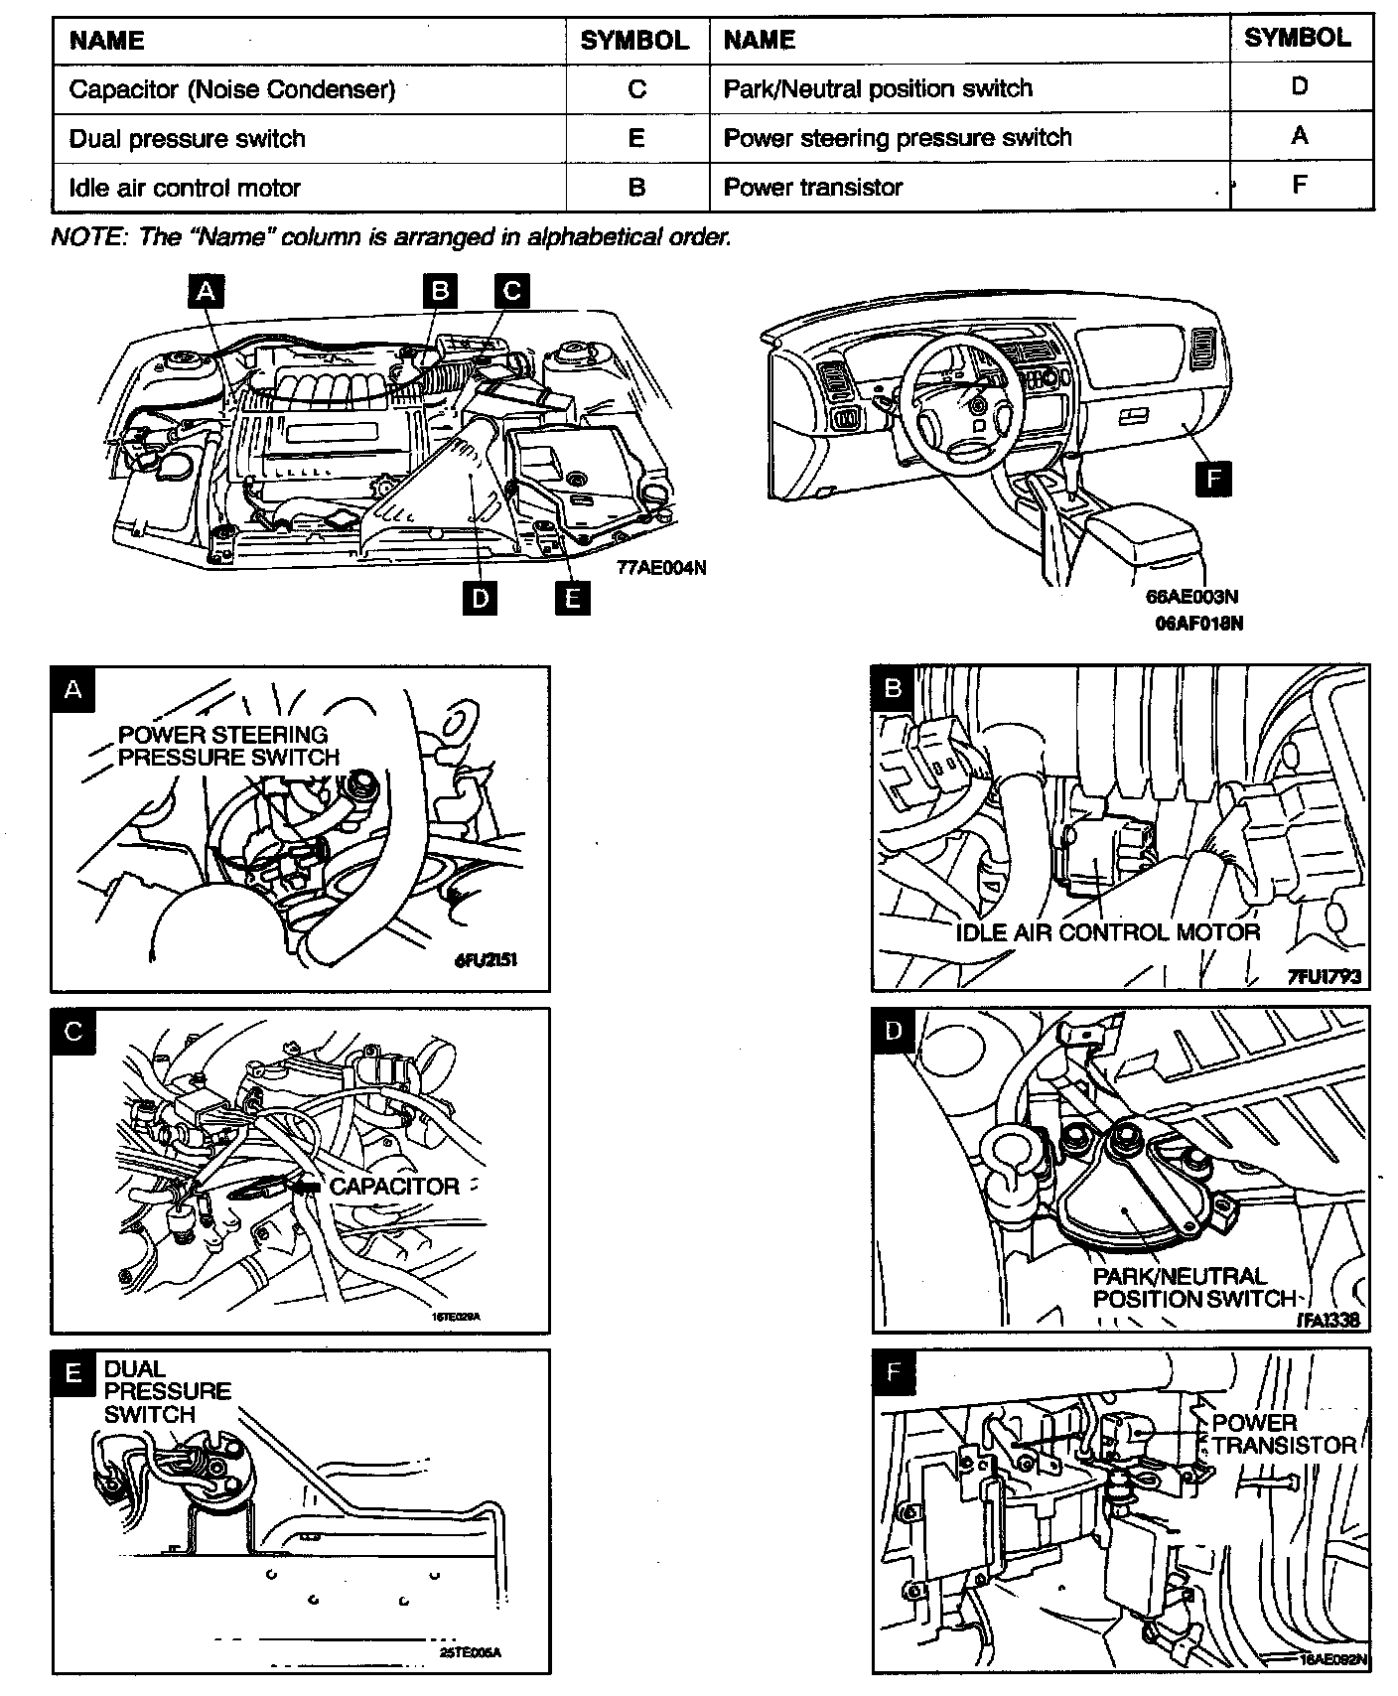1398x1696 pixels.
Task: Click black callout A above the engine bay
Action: [x=206, y=290]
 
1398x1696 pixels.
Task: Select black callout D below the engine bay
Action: [x=480, y=599]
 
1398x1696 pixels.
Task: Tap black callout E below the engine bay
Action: [x=572, y=599]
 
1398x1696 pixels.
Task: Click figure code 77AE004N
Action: [x=661, y=569]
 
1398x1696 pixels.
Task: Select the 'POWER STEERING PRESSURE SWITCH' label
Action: [x=228, y=746]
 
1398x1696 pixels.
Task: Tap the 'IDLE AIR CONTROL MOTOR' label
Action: [x=1107, y=932]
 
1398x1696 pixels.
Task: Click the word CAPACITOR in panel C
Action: [x=394, y=1187]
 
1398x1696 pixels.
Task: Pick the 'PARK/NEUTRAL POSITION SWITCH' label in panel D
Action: [x=1191, y=1287]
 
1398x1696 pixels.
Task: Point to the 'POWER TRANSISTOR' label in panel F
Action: [x=1281, y=1434]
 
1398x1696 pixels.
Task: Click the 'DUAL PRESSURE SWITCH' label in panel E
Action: [x=167, y=1391]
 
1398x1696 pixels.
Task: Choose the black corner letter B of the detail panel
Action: [x=893, y=687]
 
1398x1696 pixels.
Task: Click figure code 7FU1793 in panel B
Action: [x=1325, y=977]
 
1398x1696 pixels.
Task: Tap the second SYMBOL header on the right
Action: [x=1298, y=38]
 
